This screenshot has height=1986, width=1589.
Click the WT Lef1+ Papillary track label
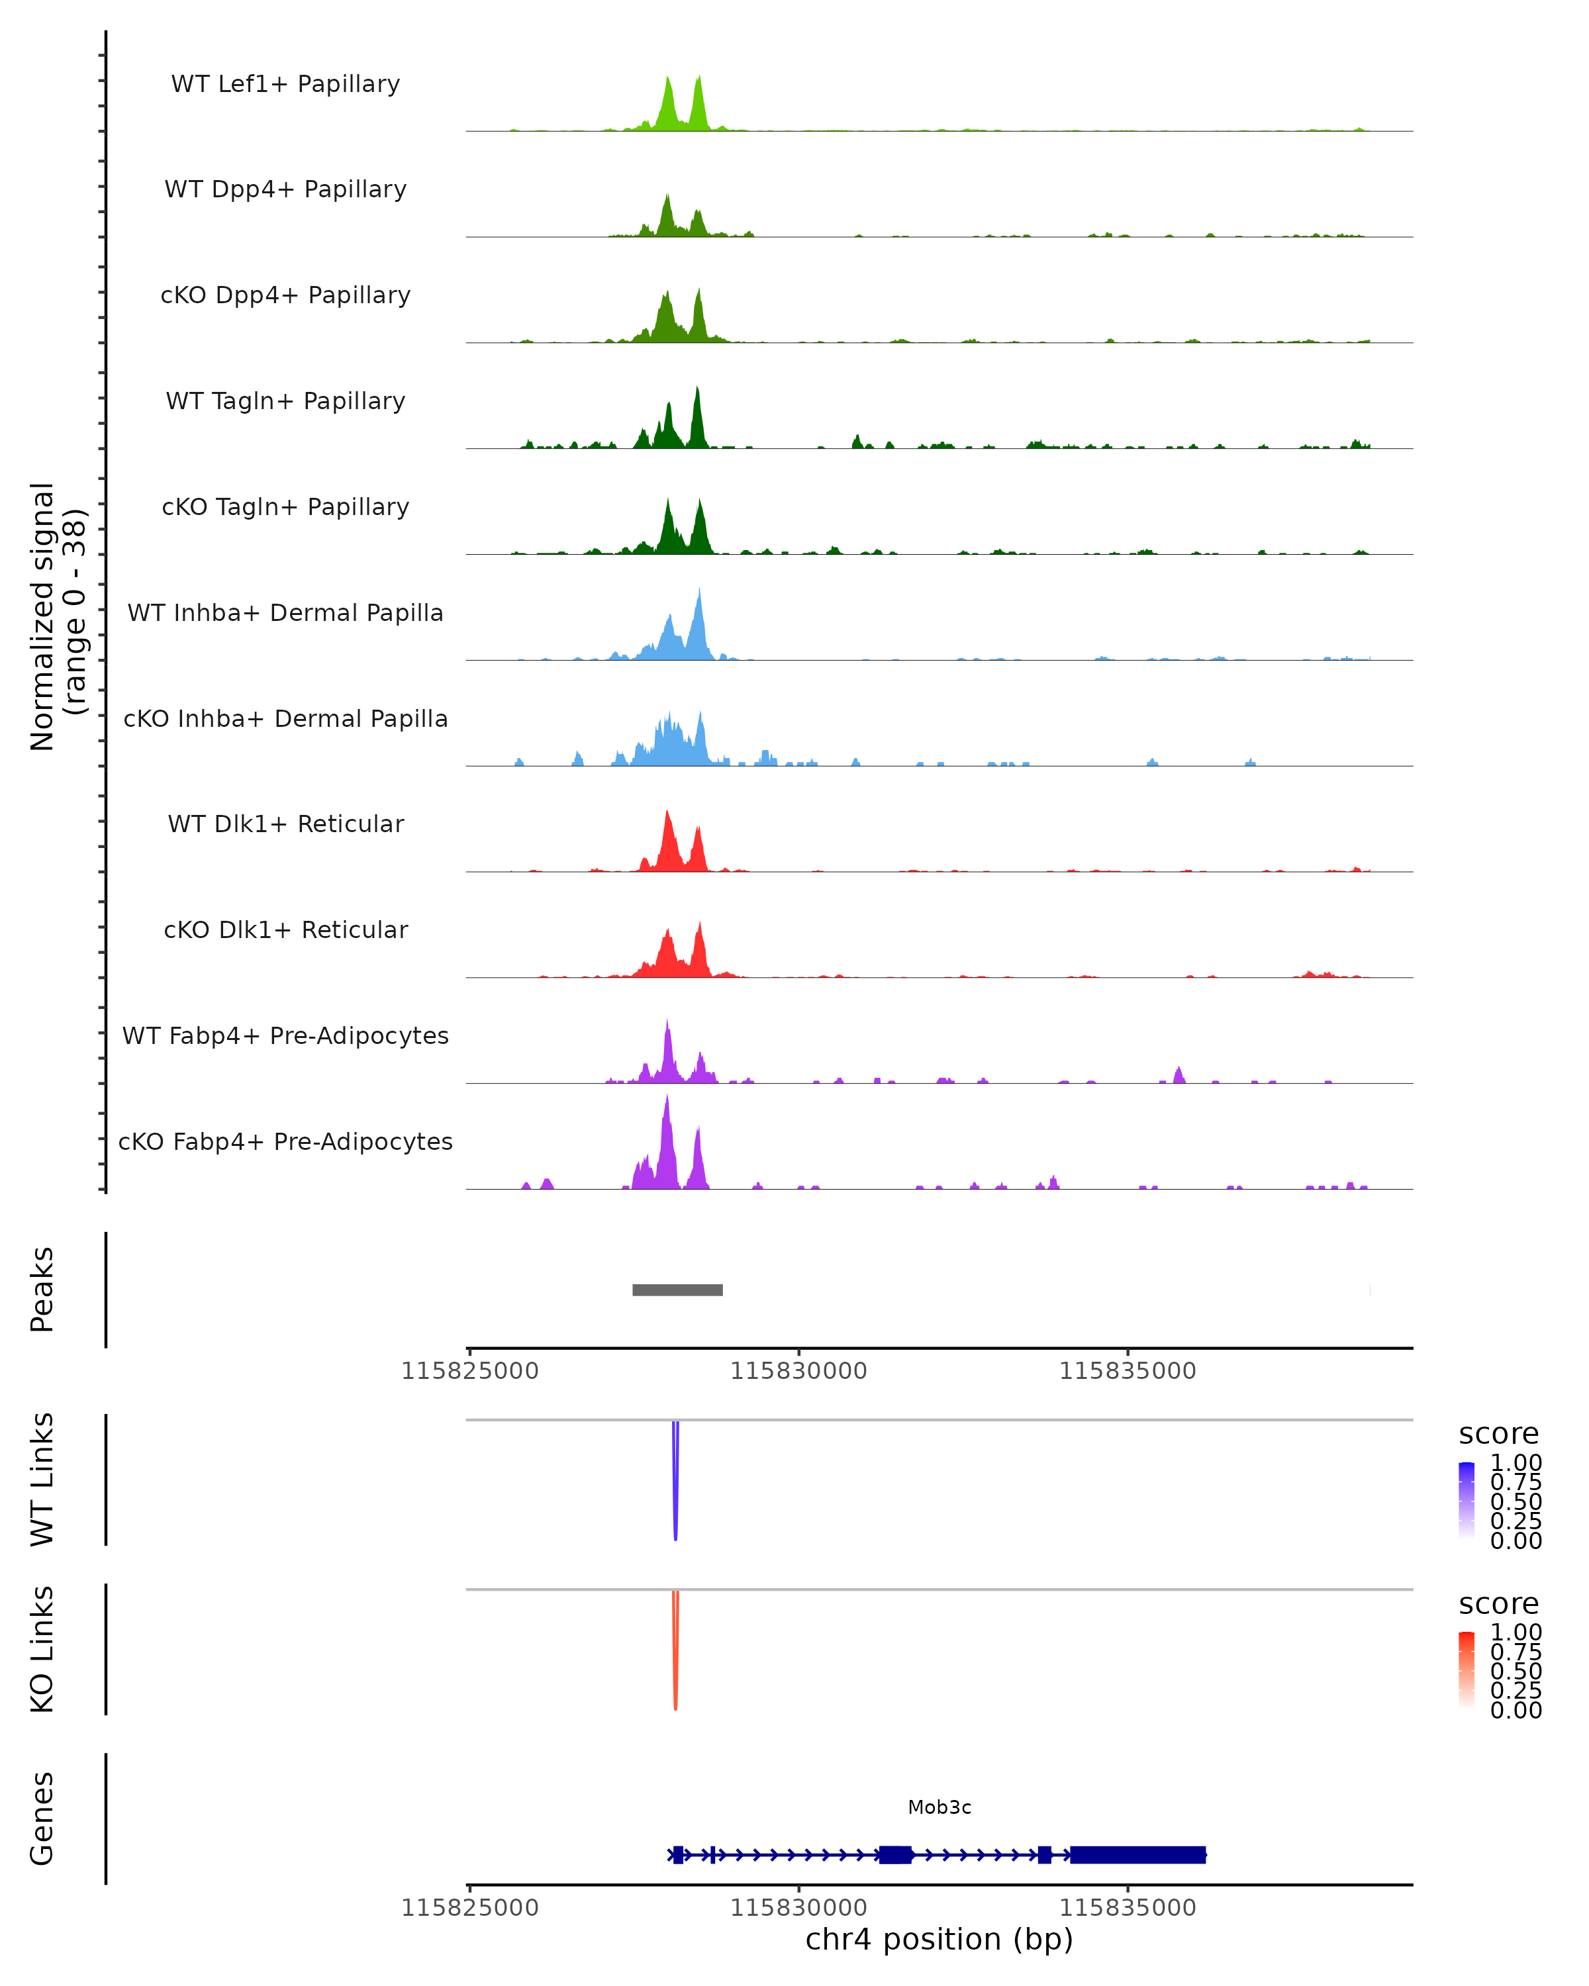click(x=285, y=84)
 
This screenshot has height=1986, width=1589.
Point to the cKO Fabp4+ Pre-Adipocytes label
click(x=285, y=1141)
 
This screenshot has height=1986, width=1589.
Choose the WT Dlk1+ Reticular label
click(x=285, y=824)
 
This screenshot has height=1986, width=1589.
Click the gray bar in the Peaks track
click(x=677, y=1290)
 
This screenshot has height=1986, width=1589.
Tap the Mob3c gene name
click(x=939, y=1807)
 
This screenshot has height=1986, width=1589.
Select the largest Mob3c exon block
click(x=1137, y=1854)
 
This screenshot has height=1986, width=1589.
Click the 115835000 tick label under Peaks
click(x=1127, y=1371)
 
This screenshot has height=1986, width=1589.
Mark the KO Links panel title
click(x=42, y=1649)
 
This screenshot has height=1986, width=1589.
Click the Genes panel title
click(x=42, y=1819)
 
